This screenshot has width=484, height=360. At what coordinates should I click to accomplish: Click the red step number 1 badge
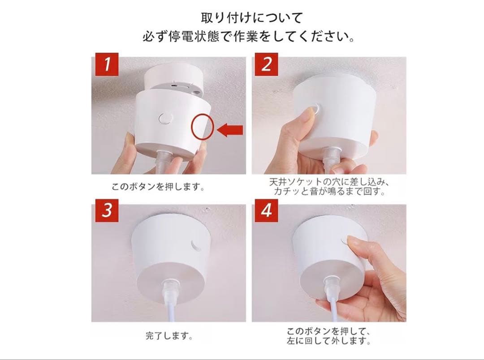107,64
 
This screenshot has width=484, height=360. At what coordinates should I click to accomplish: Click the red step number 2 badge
266,64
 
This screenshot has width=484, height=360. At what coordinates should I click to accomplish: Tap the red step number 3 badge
107,211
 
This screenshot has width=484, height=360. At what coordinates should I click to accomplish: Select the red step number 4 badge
266,211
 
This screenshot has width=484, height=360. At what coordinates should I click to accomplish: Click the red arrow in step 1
230,130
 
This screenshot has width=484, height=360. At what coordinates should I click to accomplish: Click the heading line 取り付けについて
251,18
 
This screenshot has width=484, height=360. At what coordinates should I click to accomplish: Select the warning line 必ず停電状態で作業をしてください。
249,37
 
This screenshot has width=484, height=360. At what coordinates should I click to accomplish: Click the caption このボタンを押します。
158,187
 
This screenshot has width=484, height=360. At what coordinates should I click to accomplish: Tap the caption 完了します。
169,335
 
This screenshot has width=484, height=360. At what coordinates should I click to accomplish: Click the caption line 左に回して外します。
329,341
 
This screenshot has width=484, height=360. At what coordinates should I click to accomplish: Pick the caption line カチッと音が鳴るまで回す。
330,192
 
